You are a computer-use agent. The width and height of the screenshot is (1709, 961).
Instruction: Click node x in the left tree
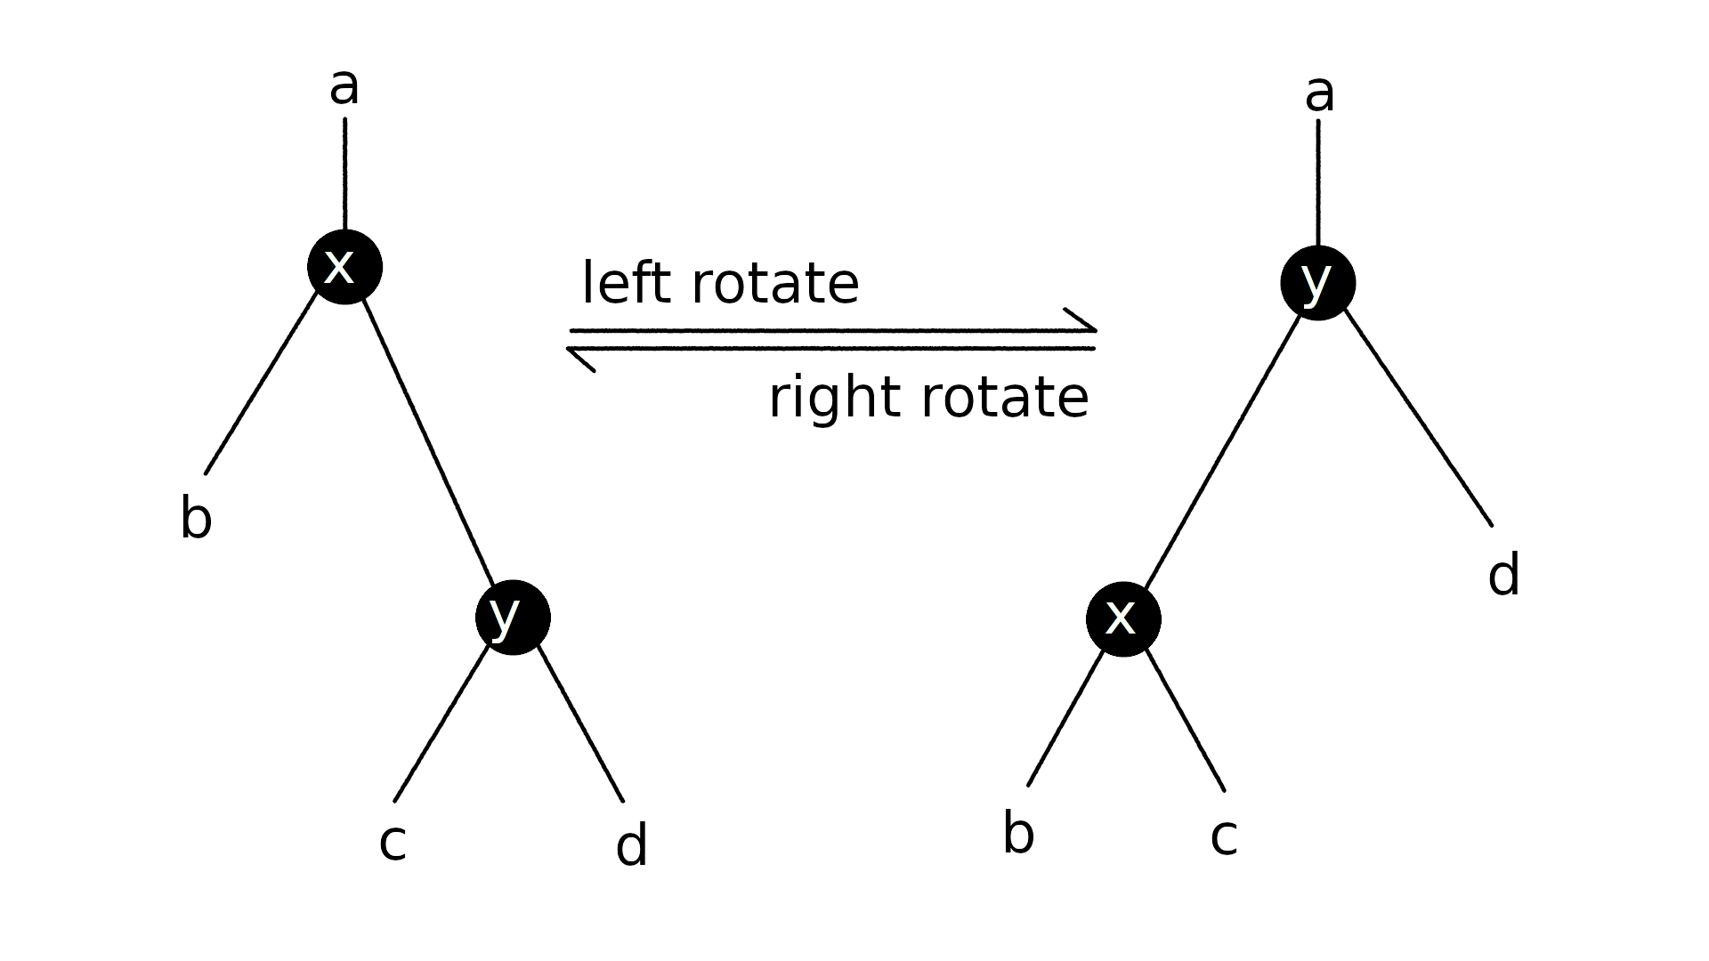coord(344,267)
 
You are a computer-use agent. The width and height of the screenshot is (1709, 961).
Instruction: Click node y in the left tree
coord(513,618)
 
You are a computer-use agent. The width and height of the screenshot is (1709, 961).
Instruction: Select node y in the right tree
coord(1317,283)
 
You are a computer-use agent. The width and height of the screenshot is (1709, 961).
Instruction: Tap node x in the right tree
coord(1123,619)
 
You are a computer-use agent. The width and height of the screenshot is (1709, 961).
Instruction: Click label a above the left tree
coord(344,86)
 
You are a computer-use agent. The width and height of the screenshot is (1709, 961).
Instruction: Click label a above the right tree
coord(1319,93)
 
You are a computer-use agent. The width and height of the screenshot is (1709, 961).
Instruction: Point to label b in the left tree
coord(196,518)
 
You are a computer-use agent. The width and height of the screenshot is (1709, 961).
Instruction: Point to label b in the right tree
coord(1018,834)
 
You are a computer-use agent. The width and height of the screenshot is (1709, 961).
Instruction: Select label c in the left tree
coord(393,842)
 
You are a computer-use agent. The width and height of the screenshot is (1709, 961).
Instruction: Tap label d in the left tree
coord(631,845)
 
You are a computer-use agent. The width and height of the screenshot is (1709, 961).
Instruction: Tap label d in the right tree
coord(1503,575)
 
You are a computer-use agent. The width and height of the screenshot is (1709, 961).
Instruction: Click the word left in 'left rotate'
coord(625,283)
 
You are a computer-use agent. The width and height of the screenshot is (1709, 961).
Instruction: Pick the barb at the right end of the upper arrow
coord(1081,319)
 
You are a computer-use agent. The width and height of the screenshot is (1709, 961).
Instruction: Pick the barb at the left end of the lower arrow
coord(581,359)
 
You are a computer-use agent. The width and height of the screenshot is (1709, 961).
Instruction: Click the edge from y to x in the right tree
coord(1222,450)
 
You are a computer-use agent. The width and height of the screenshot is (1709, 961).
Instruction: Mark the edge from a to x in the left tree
coord(345,174)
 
